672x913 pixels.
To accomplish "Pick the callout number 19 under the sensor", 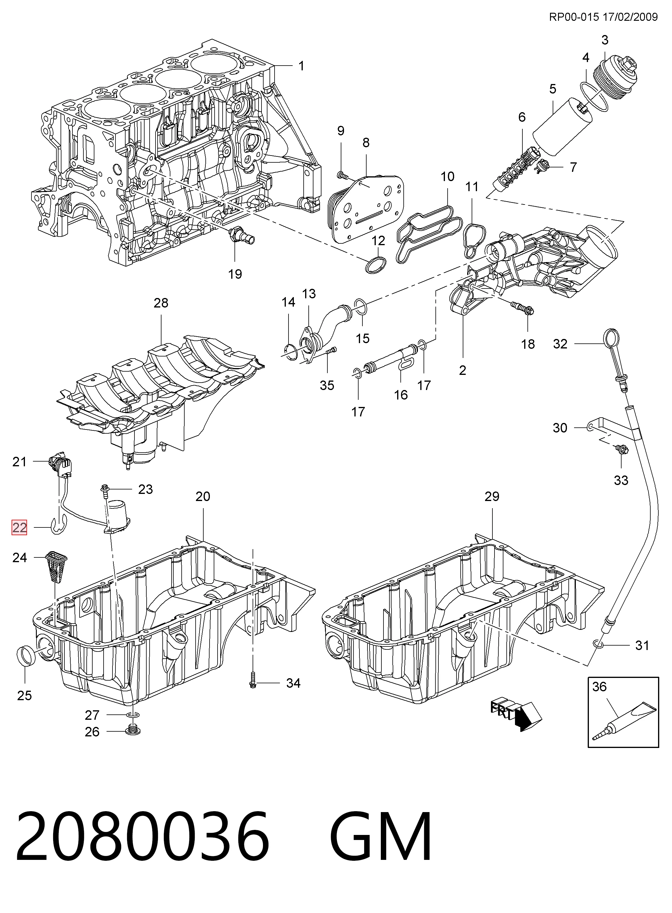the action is tap(235, 274).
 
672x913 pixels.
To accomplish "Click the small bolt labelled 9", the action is tap(343, 175).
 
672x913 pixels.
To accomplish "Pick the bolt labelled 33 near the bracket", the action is tap(622, 449).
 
